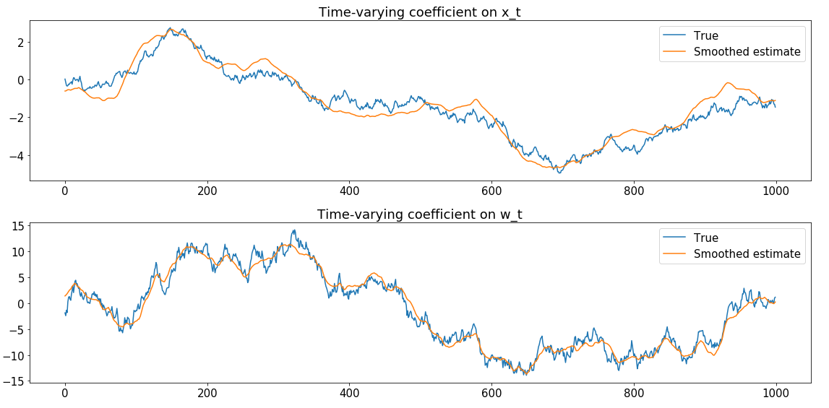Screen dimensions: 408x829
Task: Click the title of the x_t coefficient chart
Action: tap(419, 12)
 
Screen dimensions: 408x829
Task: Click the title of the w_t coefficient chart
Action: tap(419, 214)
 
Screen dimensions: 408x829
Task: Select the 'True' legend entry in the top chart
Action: tap(705, 35)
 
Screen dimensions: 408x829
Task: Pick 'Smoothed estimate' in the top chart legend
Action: tap(747, 51)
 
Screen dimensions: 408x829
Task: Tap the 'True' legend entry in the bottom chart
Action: tap(705, 238)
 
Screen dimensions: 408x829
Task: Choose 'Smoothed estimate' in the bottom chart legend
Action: tap(747, 253)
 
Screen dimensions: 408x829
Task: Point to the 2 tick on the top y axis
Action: tap(20, 43)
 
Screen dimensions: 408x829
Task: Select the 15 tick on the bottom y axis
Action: tap(17, 226)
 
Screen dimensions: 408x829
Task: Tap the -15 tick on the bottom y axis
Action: tap(14, 381)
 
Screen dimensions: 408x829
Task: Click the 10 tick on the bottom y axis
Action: tap(17, 252)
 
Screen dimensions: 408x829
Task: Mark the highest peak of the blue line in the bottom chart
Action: tap(293, 230)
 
